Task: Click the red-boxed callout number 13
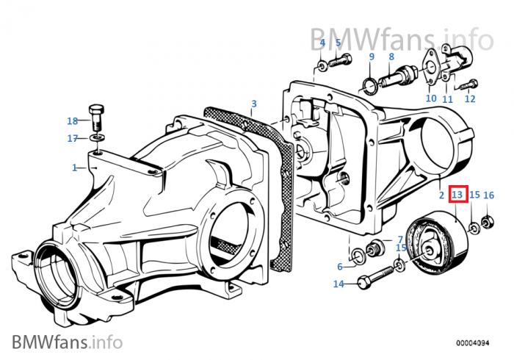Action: tap(457, 195)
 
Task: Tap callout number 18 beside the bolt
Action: tap(73, 121)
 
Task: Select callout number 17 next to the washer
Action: tap(73, 139)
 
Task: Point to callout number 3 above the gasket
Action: tap(254, 104)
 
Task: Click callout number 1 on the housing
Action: tap(74, 168)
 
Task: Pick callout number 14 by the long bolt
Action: tap(339, 284)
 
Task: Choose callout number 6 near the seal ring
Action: tap(340, 267)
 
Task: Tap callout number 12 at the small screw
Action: tap(470, 98)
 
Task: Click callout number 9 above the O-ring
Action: tap(372, 57)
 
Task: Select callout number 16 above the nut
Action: tap(488, 195)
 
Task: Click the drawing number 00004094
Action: tap(472, 343)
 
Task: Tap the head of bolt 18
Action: tap(96, 109)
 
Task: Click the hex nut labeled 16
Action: tap(488, 223)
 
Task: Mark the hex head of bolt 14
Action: tap(363, 282)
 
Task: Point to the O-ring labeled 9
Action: tap(369, 87)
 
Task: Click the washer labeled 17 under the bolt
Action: tap(96, 137)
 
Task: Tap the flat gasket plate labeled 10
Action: tap(430, 68)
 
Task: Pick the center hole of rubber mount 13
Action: tap(429, 251)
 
